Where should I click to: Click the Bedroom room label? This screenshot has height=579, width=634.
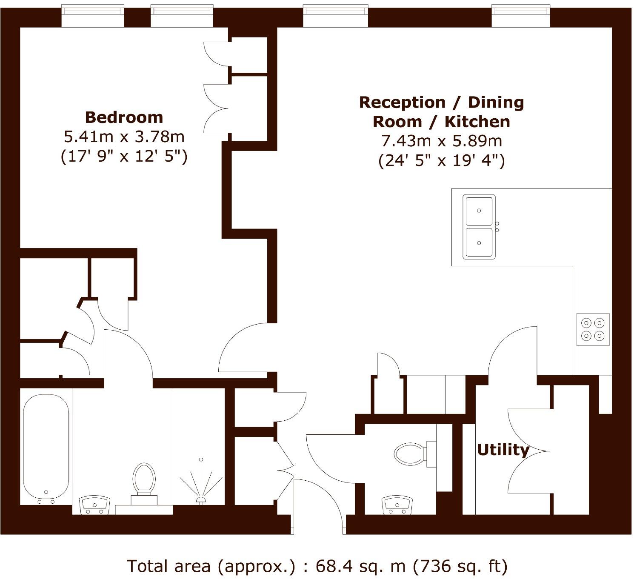click(x=124, y=117)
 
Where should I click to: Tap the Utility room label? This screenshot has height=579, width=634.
click(x=503, y=450)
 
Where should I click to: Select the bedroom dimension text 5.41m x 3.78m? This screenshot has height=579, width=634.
click(x=124, y=137)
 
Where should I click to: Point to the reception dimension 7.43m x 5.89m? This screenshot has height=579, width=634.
click(x=441, y=141)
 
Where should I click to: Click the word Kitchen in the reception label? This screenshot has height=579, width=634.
click(x=477, y=122)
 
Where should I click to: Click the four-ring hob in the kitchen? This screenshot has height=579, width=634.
click(x=593, y=329)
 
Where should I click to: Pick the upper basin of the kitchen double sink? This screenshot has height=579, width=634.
click(x=480, y=211)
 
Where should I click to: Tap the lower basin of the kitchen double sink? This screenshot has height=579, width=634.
click(x=480, y=242)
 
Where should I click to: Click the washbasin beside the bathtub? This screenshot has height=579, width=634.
click(x=95, y=505)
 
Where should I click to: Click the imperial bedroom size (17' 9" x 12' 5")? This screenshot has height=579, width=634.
click(x=124, y=156)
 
